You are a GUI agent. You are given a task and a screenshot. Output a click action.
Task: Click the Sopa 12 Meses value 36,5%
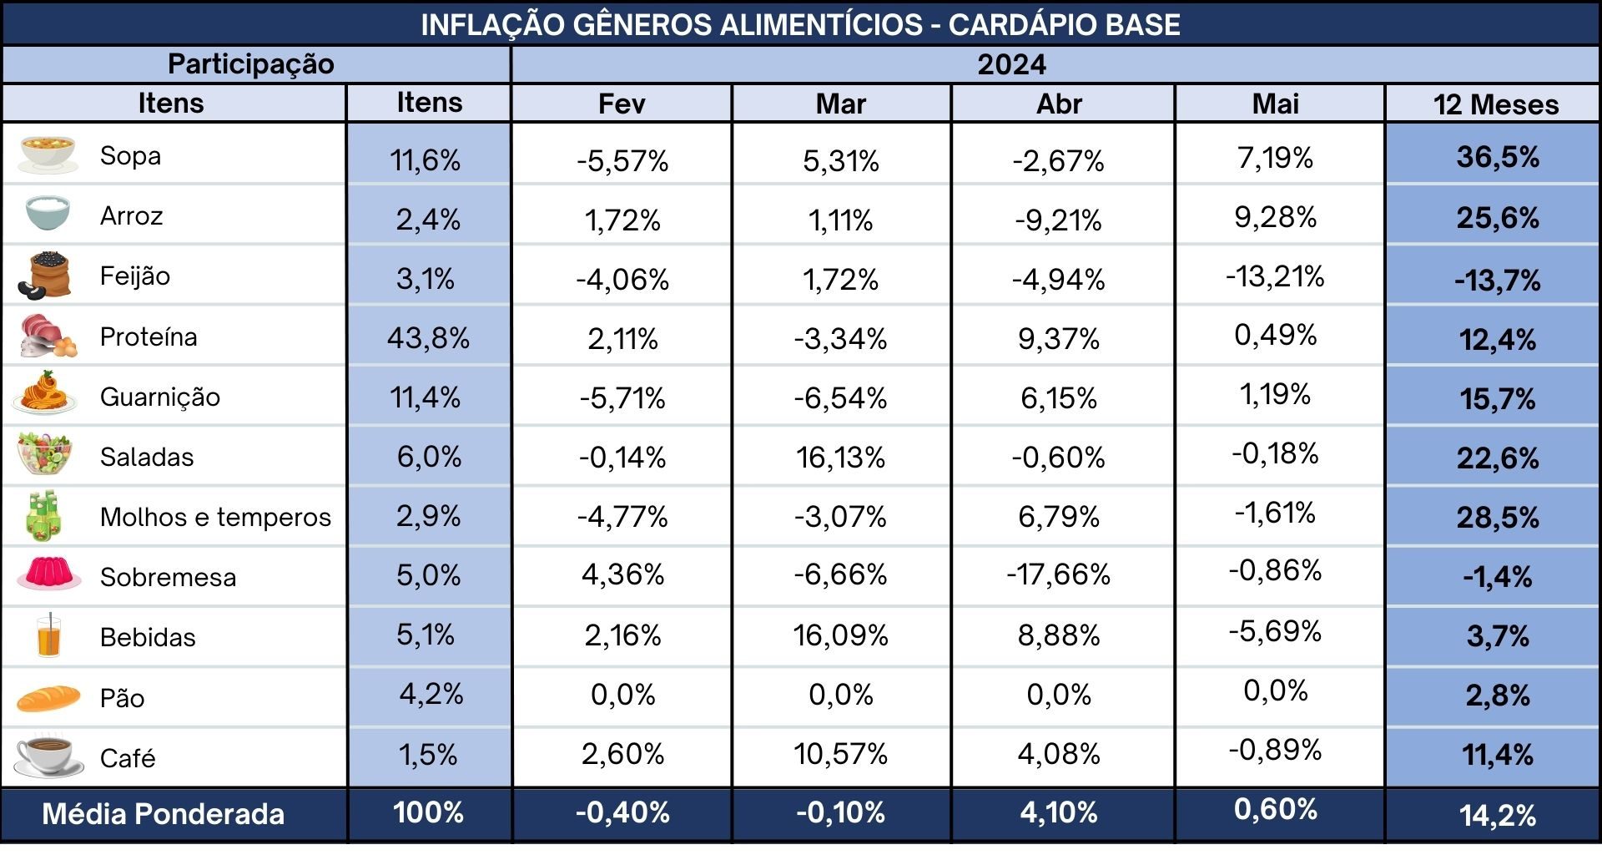click(1498, 157)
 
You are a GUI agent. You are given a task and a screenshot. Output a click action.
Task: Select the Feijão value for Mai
click(1275, 276)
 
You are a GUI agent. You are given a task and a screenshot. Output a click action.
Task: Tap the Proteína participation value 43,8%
click(428, 337)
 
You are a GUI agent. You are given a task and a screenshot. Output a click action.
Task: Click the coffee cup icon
click(48, 756)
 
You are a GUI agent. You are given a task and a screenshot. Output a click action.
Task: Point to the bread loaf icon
click(48, 698)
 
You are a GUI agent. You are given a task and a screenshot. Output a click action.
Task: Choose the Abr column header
click(1059, 104)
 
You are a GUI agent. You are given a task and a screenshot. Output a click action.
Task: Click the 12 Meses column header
click(1496, 104)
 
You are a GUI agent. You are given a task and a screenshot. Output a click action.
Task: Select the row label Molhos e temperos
click(215, 517)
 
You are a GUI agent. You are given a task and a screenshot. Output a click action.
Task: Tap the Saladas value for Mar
click(840, 458)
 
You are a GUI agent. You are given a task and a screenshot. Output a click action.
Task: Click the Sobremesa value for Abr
click(1058, 574)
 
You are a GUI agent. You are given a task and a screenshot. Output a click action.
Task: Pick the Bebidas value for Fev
click(622, 635)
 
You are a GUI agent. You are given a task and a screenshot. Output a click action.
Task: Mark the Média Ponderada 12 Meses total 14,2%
click(1498, 815)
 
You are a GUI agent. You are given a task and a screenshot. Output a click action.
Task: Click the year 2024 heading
click(1011, 64)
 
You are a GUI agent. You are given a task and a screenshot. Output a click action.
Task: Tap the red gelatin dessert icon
click(48, 574)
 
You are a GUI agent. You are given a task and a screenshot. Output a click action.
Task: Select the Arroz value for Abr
click(1058, 220)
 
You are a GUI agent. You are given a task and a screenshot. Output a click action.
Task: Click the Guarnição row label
click(160, 397)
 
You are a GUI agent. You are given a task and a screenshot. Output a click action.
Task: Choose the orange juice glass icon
click(49, 636)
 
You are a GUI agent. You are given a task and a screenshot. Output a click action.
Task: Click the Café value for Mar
click(840, 754)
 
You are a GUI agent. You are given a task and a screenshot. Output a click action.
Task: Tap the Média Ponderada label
click(164, 814)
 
